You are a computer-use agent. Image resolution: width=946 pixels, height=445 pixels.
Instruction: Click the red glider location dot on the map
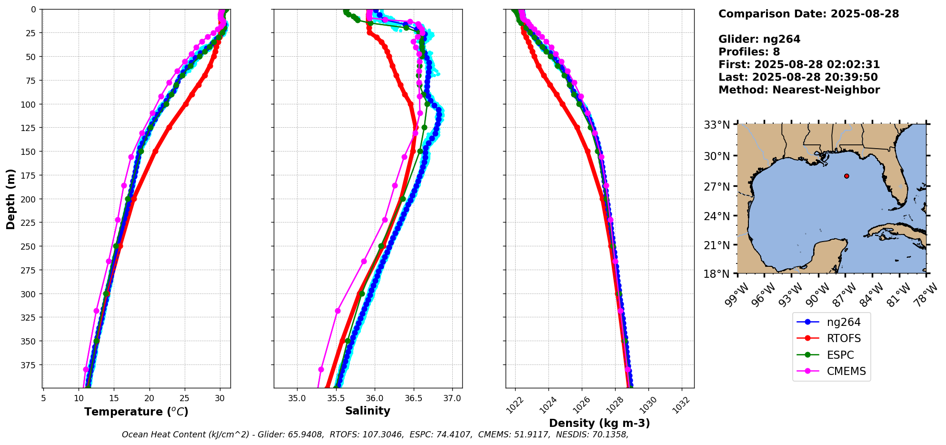click(x=846, y=176)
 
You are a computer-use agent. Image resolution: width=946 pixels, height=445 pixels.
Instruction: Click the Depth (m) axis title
click(x=10, y=199)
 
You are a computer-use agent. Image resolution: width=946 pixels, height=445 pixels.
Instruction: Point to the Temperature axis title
click(x=136, y=412)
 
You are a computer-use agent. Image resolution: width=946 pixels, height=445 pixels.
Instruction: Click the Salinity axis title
click(x=368, y=411)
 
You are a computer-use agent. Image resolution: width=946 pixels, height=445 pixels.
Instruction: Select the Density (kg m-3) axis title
click(x=599, y=423)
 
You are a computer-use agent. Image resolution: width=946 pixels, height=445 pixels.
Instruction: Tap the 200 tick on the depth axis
click(x=30, y=199)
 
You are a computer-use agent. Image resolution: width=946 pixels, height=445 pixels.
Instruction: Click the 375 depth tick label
click(x=30, y=365)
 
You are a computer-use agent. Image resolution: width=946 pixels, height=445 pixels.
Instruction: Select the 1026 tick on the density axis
click(x=579, y=404)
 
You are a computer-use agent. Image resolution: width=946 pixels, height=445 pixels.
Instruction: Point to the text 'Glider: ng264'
click(x=759, y=39)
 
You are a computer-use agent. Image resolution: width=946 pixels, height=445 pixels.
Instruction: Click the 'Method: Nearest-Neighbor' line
click(x=799, y=90)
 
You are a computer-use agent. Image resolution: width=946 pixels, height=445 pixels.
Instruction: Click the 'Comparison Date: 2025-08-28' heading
click(x=808, y=14)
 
